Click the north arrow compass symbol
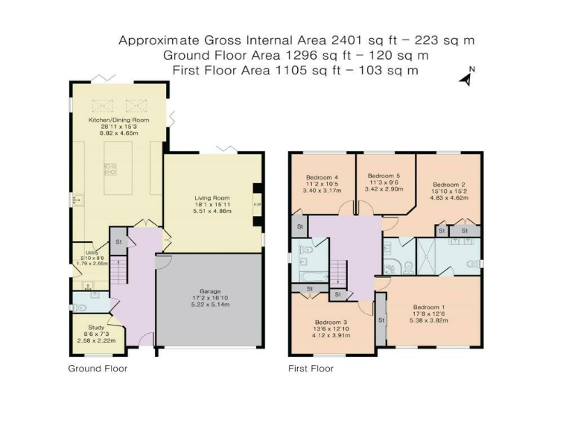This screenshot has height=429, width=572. click(467, 76)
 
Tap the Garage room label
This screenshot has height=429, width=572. click(210, 291)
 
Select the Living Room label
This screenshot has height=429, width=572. click(212, 198)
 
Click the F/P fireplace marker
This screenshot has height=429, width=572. click(257, 205)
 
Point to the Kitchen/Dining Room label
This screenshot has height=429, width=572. click(119, 120)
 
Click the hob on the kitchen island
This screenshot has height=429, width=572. click(110, 169)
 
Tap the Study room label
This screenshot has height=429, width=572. click(96, 327)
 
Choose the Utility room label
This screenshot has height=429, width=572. click(92, 252)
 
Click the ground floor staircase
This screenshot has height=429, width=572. click(119, 270)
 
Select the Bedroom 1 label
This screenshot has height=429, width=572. click(429, 307)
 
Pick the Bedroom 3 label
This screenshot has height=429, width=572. click(331, 322)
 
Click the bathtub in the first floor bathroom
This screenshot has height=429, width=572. click(314, 276)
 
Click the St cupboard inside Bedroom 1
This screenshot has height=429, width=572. click(381, 320)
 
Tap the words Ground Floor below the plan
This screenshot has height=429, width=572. click(98, 369)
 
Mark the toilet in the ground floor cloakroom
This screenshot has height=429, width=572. click(79, 308)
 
